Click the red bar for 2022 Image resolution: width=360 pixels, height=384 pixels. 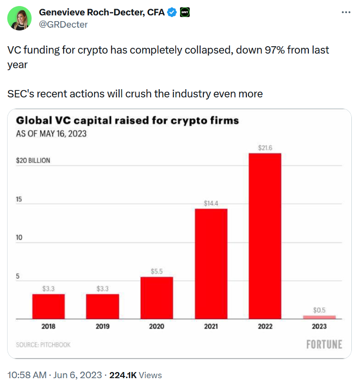[265, 236]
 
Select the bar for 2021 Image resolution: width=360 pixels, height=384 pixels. [211, 263]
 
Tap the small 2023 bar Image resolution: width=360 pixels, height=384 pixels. [319, 317]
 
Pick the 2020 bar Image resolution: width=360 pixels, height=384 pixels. [157, 298]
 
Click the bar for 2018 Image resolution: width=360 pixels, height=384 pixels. [48, 306]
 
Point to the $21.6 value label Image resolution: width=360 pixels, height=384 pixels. [265, 147]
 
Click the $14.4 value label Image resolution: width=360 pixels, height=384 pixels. [211, 203]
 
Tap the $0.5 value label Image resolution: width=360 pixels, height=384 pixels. [319, 310]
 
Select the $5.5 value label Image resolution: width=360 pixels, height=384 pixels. [157, 271]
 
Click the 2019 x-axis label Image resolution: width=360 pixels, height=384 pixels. [102, 326]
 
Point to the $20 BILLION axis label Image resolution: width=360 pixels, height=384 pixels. [33, 161]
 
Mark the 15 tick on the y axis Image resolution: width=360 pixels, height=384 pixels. [18, 200]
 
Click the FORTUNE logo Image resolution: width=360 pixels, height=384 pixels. [324, 344]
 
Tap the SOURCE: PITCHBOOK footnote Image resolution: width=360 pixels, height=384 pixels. [44, 345]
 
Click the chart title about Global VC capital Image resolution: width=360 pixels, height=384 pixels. [127, 120]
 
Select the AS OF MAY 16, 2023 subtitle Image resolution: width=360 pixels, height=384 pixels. [51, 133]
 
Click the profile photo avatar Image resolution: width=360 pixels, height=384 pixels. [19, 18]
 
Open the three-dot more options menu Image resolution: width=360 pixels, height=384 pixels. [345, 12]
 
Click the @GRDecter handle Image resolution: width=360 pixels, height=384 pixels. [63, 24]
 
